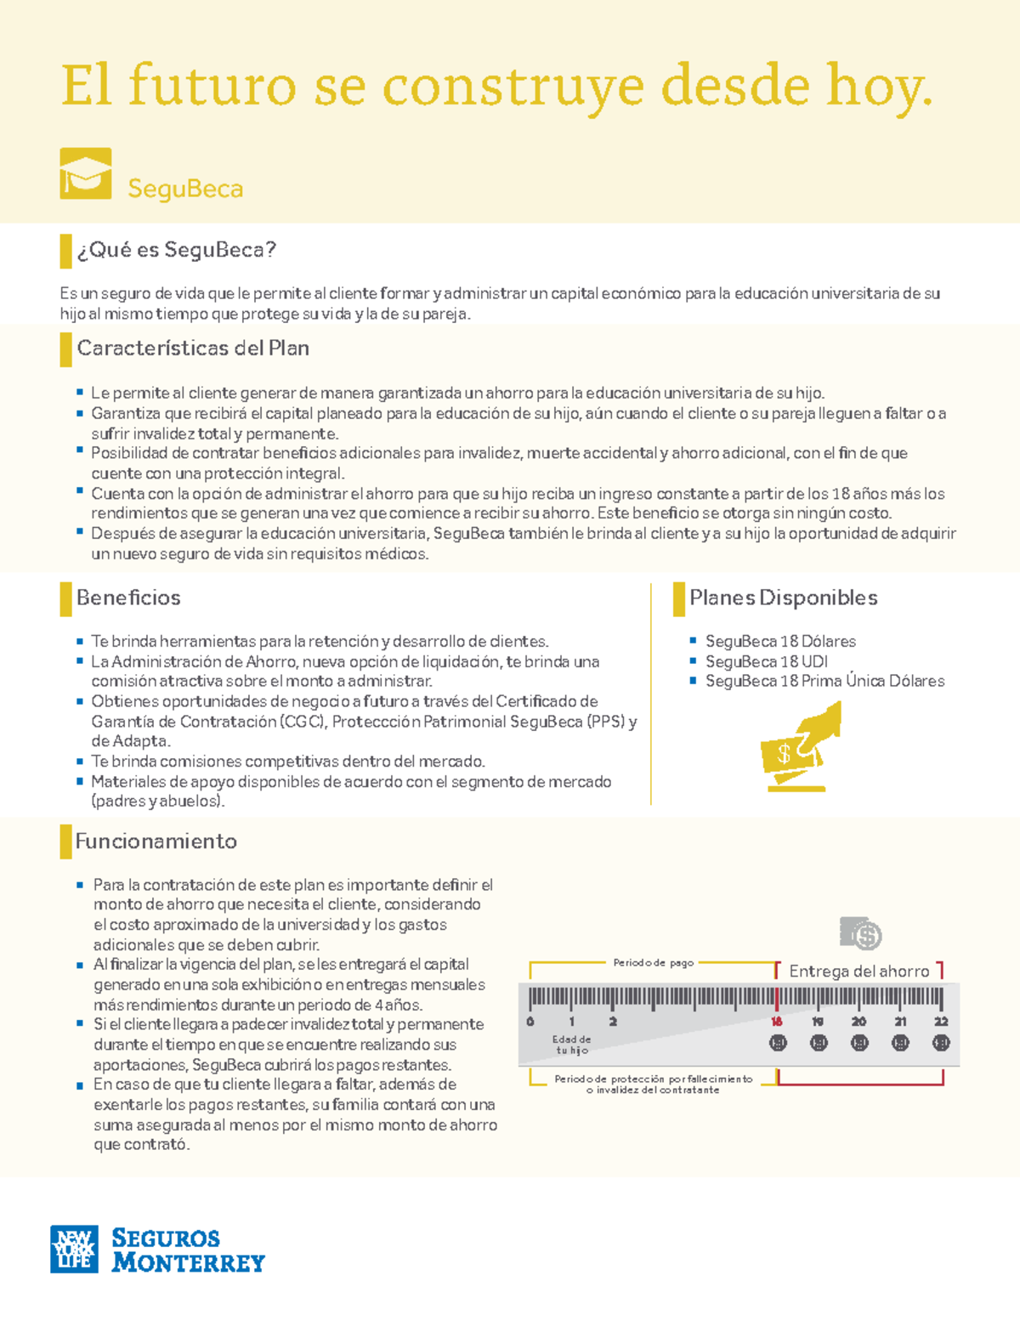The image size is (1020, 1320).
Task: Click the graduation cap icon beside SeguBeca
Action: tap(85, 174)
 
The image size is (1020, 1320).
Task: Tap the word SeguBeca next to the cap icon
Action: tap(185, 189)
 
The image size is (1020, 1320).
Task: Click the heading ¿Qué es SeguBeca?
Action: tap(176, 250)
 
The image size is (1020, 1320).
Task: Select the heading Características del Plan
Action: tap(193, 348)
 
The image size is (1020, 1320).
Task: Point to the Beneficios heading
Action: tap(128, 598)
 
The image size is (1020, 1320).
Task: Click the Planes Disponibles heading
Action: tap(783, 598)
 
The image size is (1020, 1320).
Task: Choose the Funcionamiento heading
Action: tap(156, 841)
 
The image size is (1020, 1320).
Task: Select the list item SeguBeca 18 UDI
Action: tap(766, 661)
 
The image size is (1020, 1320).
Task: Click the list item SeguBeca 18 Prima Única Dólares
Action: tap(824, 681)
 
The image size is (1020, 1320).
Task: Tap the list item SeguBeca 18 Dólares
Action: tap(780, 642)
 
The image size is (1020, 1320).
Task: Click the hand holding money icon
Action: tap(800, 746)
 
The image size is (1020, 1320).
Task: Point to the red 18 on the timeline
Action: tap(776, 1022)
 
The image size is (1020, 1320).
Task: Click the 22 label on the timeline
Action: tap(940, 1022)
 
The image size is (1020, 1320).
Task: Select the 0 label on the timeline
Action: tap(530, 1022)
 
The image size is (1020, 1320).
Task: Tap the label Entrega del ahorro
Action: tap(858, 972)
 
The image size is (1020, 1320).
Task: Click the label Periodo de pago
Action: tap(653, 963)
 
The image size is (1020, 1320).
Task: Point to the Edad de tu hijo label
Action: tap(571, 1045)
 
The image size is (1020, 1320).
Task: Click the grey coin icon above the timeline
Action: tap(860, 933)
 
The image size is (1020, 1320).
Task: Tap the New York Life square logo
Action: tap(74, 1249)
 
